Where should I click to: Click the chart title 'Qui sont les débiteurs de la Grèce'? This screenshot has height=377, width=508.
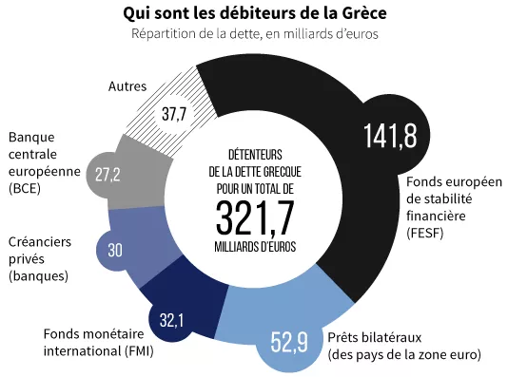click(x=255, y=14)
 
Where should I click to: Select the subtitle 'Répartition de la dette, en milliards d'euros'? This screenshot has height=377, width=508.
click(x=254, y=34)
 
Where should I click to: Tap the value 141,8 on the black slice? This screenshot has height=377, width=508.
click(x=389, y=136)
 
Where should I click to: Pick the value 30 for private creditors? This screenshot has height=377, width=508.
click(x=116, y=251)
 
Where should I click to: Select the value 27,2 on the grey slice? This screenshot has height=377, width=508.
click(x=107, y=175)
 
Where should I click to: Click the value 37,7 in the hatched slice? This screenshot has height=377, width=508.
click(x=175, y=115)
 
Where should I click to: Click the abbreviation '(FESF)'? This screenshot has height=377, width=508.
click(x=424, y=233)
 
